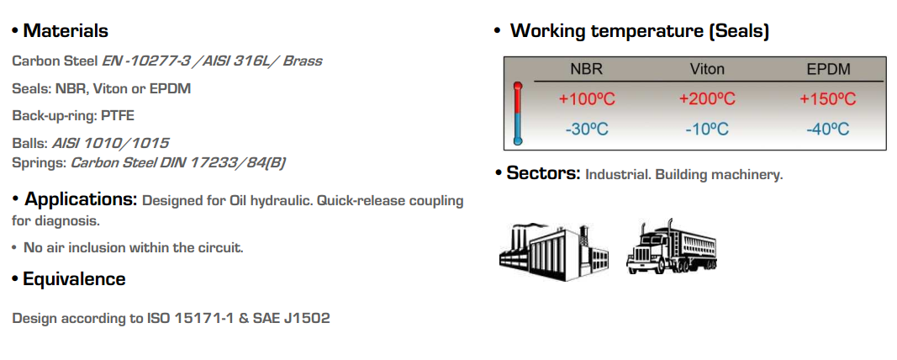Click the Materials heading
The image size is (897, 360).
(66, 31)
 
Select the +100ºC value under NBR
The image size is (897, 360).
(587, 99)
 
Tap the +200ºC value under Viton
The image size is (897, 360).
(707, 99)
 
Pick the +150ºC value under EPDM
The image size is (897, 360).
(827, 99)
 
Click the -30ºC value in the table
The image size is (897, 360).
(587, 129)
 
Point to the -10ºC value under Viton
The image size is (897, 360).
(707, 129)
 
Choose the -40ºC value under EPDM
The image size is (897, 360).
(827, 129)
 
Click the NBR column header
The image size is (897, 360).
(586, 69)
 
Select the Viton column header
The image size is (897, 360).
(707, 69)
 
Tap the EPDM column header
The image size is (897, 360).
(827, 69)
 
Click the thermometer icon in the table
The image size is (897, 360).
(518, 114)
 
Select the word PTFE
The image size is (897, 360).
(118, 115)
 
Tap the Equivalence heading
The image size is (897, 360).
(74, 279)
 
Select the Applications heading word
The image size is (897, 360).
(81, 200)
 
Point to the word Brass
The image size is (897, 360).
(302, 61)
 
